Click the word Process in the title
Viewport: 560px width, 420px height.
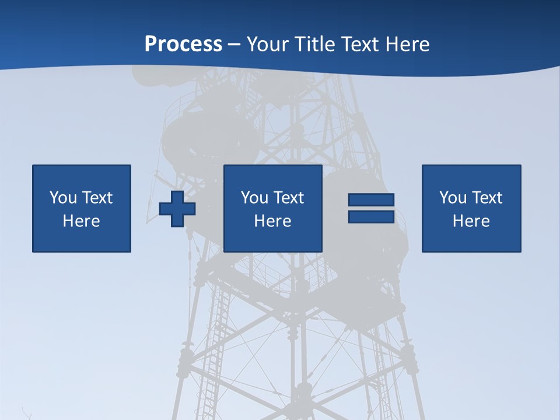[183, 44]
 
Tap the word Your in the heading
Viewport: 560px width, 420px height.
[268, 44]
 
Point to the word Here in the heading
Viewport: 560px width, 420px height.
[408, 44]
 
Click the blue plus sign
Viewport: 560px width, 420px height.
[177, 209]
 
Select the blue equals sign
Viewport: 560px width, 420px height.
[371, 208]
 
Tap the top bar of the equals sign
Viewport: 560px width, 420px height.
[371, 200]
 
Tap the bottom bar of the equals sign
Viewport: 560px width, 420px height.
[371, 216]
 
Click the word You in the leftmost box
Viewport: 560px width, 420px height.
[63, 198]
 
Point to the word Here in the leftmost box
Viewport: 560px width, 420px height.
[81, 221]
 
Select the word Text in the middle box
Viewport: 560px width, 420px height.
[289, 198]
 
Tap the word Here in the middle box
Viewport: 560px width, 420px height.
[272, 221]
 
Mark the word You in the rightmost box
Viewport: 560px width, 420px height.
[453, 198]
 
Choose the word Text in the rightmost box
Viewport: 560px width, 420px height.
[487, 198]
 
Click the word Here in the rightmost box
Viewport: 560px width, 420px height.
[471, 221]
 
